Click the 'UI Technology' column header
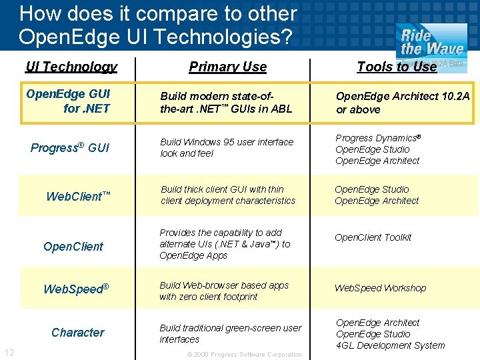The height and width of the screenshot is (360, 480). click(71, 67)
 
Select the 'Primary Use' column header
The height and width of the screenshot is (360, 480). click(227, 67)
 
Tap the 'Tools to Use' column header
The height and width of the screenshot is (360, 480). click(396, 67)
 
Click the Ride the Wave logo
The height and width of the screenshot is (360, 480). click(431, 42)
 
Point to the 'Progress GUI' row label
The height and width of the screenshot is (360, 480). click(70, 147)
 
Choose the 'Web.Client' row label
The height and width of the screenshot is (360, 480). click(78, 196)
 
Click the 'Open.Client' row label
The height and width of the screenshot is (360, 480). click(73, 246)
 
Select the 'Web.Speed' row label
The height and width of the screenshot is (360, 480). click(76, 289)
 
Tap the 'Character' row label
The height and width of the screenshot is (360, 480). click(78, 332)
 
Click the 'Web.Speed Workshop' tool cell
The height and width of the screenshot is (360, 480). click(380, 288)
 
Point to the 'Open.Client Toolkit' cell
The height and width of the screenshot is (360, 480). click(373, 237)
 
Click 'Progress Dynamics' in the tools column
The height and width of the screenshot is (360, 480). click(377, 138)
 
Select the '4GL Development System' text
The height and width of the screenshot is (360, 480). click(390, 345)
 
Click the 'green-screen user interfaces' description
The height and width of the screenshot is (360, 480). click(230, 333)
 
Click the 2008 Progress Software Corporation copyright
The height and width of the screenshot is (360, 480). click(244, 355)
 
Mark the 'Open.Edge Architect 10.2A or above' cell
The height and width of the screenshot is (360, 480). click(403, 103)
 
